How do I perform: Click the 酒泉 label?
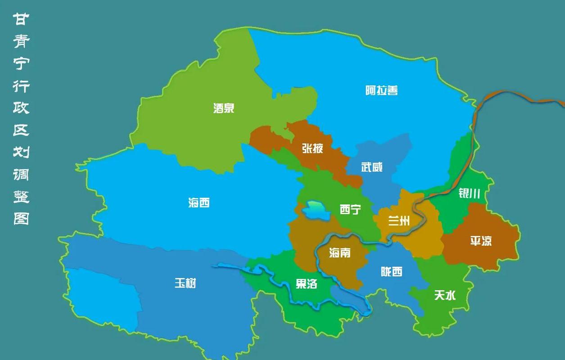224,108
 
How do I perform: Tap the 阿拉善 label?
381,90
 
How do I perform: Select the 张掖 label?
312,148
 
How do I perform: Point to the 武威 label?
372,167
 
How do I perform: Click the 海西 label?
199,203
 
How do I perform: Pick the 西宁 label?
350,209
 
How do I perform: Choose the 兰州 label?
399,220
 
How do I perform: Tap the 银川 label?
469,193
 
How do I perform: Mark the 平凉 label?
481,241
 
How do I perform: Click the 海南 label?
339,253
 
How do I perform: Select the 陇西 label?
391,271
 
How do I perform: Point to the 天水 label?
445,295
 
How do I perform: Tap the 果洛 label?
307,283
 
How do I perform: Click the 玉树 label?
185,283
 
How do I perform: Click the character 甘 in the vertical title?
21,19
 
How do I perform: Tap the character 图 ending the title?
21,219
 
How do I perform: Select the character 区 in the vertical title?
21,130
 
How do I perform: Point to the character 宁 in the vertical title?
21,63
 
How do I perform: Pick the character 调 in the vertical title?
21,175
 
